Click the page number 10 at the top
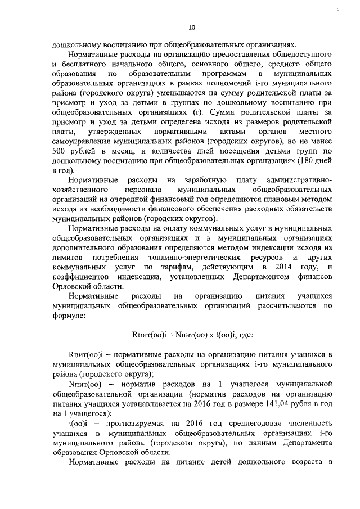192,26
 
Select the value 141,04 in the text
273,404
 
